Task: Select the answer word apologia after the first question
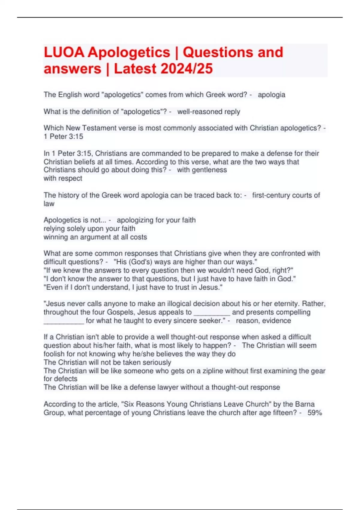click(x=271, y=95)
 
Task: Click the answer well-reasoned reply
click(x=208, y=112)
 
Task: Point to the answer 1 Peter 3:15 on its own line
click(x=63, y=136)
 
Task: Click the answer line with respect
click(x=63, y=178)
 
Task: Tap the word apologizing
click(x=136, y=220)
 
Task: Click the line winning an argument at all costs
click(x=95, y=237)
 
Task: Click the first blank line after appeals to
click(x=212, y=312)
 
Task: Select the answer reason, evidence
click(x=263, y=321)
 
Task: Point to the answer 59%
click(x=315, y=413)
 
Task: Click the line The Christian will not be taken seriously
click(x=107, y=362)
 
